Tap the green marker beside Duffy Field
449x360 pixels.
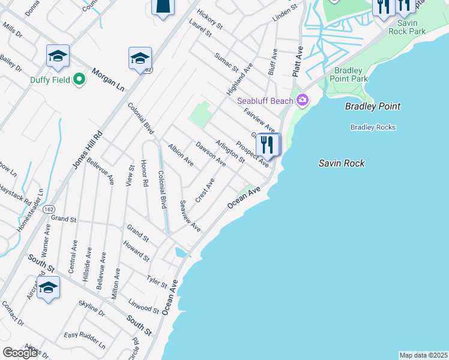79,79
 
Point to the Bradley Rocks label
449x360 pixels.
373,127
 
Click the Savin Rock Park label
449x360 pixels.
407,28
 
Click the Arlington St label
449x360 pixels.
230,152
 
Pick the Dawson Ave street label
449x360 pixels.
211,154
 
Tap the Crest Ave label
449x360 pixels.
205,190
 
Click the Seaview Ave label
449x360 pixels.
190,216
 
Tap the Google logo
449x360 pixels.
20,353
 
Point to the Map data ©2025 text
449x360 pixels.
423,355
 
